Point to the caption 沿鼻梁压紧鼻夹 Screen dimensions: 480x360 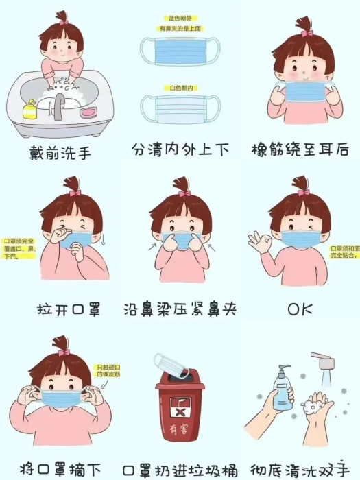pyautogui.click(x=180, y=309)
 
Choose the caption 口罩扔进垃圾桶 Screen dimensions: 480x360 pyautogui.click(x=180, y=470)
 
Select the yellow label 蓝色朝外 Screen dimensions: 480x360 pyautogui.click(x=180, y=18)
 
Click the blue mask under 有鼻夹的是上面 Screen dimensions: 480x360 pyautogui.click(x=180, y=51)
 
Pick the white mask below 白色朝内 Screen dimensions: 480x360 pyautogui.click(x=180, y=108)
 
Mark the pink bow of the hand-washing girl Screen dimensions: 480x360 pyautogui.click(x=63, y=22)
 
